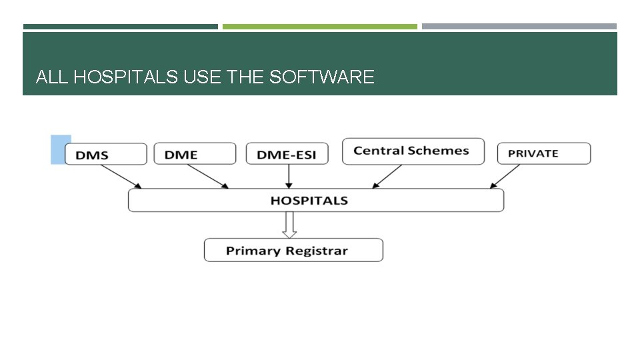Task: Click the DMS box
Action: point(105,154)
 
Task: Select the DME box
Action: point(195,154)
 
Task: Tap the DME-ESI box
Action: point(287,154)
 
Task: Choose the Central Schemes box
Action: point(411,151)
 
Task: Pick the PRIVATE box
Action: point(543,153)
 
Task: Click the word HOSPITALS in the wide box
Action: point(309,200)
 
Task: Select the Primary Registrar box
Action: point(293,251)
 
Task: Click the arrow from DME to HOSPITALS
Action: point(208,177)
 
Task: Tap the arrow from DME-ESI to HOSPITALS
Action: point(288,177)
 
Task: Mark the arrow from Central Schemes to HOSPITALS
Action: point(387,177)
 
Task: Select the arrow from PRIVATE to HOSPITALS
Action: point(505,177)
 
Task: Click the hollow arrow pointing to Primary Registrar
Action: point(289,225)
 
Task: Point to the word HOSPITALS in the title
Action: point(125,77)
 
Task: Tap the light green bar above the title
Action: point(319,27)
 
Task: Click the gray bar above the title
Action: point(519,27)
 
